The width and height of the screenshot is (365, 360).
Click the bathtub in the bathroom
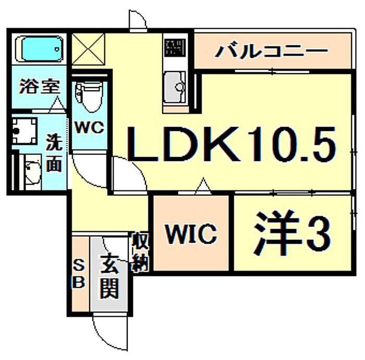[x=39, y=49]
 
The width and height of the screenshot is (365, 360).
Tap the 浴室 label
[x=40, y=86]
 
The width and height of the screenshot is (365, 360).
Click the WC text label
[x=89, y=127]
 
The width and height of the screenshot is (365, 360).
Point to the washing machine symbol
[x=25, y=130]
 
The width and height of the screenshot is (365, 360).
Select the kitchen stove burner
[x=175, y=47]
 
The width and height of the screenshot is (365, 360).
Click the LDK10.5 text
[x=231, y=144]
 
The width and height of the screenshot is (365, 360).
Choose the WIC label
[x=191, y=234]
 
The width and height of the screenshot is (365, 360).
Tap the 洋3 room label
[x=292, y=233]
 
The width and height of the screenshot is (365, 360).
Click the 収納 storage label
[x=140, y=252]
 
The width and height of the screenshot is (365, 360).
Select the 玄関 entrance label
[x=110, y=277]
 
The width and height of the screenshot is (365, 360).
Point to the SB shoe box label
[x=78, y=275]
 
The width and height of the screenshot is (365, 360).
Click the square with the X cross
[x=88, y=49]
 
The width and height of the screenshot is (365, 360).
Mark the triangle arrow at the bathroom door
[x=57, y=105]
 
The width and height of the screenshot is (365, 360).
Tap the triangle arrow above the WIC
[x=203, y=186]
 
